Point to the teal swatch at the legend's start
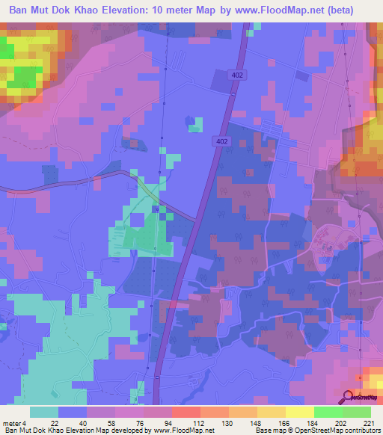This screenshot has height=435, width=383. pos(43,412)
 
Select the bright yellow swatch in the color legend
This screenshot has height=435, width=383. pos(299,412)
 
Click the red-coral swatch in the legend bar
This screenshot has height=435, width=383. pos(186,412)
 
